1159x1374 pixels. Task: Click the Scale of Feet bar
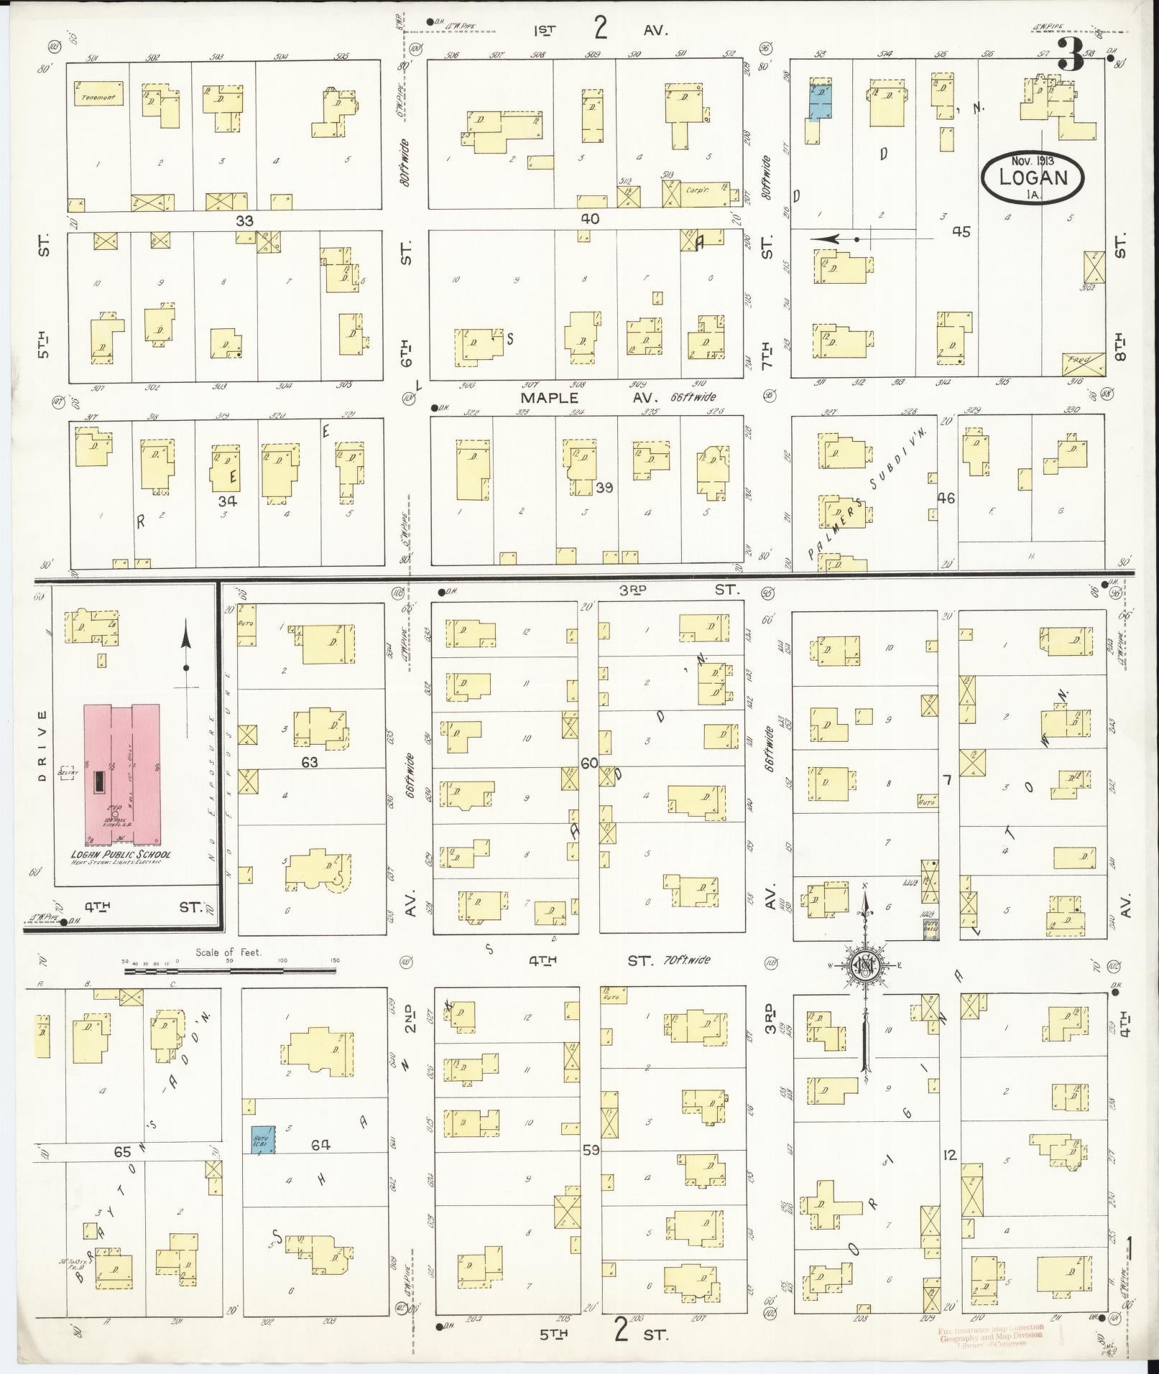(230, 971)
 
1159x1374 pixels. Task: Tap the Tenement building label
(98, 97)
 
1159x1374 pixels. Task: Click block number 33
(244, 221)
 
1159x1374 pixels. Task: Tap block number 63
(309, 762)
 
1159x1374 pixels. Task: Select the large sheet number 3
(1070, 56)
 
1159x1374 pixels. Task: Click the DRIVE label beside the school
(42, 745)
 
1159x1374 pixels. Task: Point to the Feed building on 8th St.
(1082, 362)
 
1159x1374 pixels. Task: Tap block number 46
(946, 497)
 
